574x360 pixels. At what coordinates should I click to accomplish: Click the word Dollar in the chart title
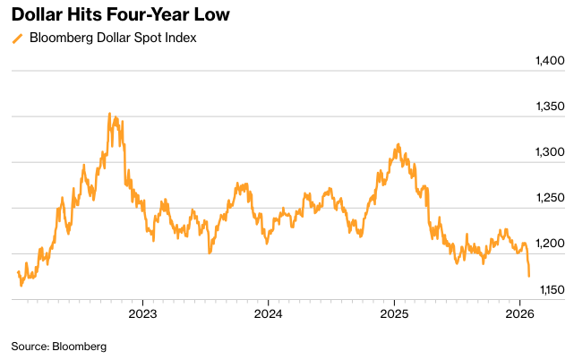coord(39,15)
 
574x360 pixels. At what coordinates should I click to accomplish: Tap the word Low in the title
coord(210,15)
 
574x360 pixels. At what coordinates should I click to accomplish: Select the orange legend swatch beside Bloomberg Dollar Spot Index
coord(17,39)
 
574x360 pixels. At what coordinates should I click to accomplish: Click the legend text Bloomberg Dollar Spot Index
coord(113,38)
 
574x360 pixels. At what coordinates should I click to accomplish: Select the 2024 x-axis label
coord(268,313)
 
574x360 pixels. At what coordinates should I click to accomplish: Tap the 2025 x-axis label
coord(394,313)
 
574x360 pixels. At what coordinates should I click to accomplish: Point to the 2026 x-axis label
coord(521,313)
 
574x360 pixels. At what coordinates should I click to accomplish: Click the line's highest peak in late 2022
coord(109,114)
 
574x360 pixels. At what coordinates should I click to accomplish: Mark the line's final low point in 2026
coord(529,276)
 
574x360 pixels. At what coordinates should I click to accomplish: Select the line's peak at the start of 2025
coord(398,144)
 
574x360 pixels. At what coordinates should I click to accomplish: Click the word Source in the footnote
coord(30,346)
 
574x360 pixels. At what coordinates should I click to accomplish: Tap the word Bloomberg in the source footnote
coord(80,346)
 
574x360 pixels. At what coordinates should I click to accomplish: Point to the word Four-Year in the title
coord(147,15)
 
